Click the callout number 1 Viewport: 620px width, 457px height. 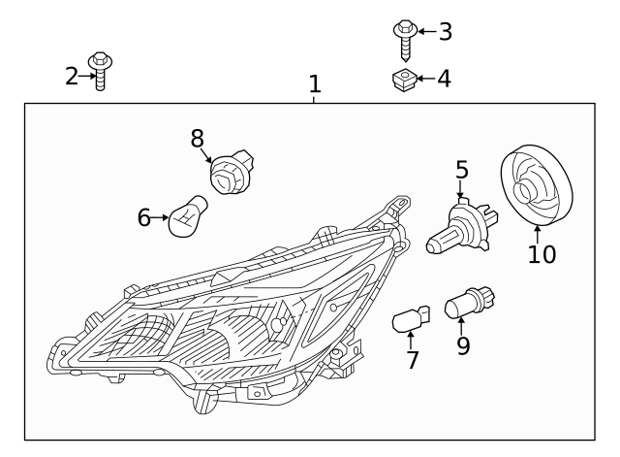[x=314, y=84]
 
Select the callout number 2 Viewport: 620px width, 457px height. [x=72, y=76]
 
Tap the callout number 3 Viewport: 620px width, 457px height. [x=445, y=32]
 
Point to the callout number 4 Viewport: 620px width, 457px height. [x=444, y=79]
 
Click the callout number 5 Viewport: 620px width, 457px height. [x=462, y=170]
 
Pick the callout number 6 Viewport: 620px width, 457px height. [x=144, y=218]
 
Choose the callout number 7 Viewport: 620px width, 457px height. [x=413, y=360]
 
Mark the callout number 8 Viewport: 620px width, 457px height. [x=198, y=140]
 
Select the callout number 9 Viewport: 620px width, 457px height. [x=463, y=344]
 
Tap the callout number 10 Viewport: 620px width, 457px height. [x=542, y=255]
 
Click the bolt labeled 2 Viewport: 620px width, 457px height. [x=100, y=71]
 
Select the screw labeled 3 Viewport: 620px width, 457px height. [x=405, y=37]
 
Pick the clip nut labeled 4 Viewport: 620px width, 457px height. [x=404, y=79]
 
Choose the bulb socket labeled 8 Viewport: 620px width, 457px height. [x=231, y=174]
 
